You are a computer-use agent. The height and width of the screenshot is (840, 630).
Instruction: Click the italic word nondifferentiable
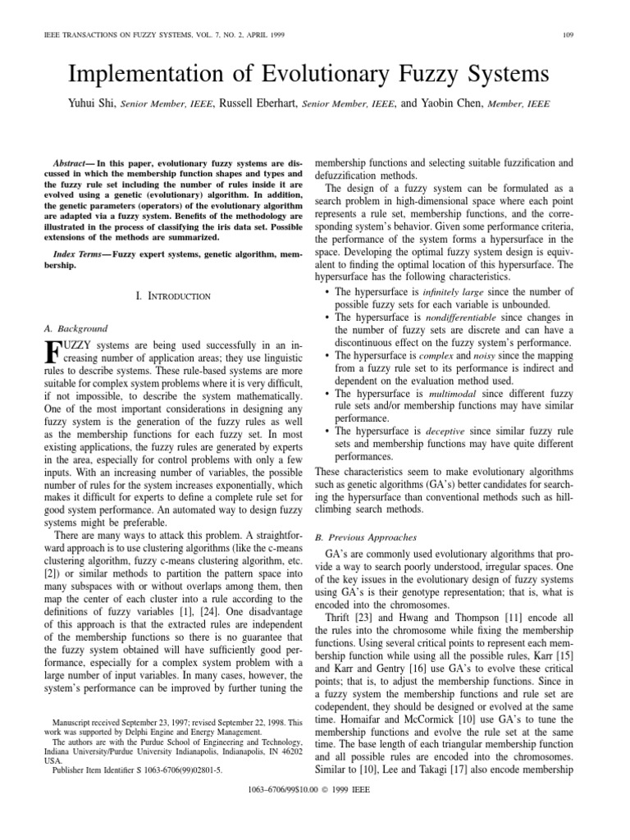(x=460, y=317)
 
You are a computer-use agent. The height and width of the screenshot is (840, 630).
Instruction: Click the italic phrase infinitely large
(x=459, y=291)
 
